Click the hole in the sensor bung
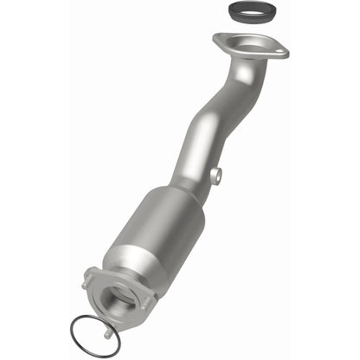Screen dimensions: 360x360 tap(216, 177)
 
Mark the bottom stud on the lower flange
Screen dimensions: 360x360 tap(106, 331)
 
